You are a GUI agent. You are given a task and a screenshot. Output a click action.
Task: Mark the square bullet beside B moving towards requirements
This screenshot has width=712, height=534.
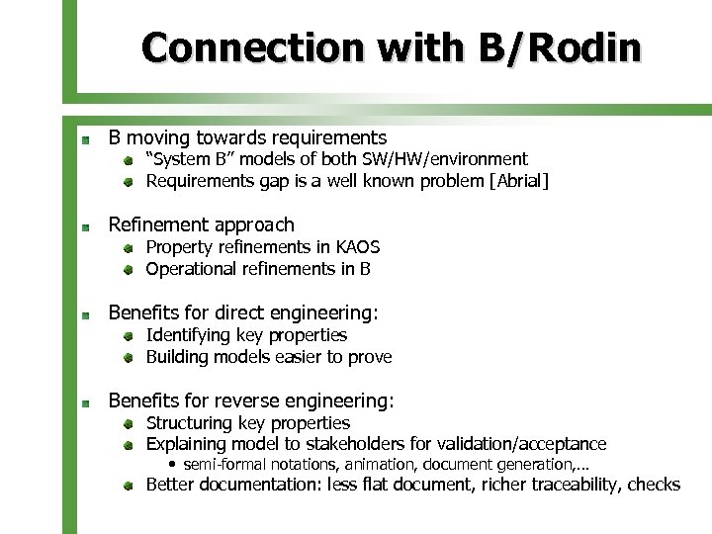[x=87, y=138]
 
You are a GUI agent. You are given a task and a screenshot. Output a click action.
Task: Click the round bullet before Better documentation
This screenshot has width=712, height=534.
[x=130, y=486]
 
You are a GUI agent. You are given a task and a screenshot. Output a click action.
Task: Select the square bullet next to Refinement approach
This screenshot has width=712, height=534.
[x=87, y=226]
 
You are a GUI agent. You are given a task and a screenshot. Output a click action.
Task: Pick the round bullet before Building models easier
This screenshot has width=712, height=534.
[x=130, y=358]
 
